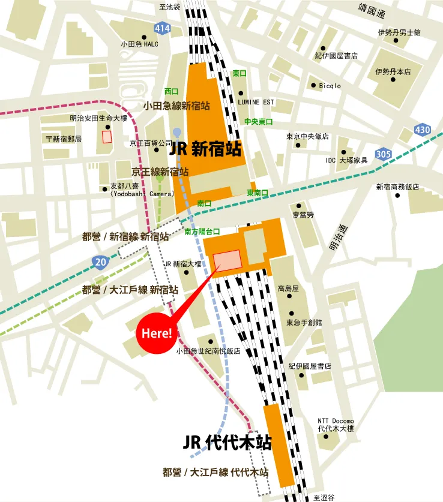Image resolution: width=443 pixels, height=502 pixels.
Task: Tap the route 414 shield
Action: pyautogui.click(x=162, y=28)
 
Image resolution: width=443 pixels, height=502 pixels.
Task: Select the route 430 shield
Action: pyautogui.click(x=423, y=130)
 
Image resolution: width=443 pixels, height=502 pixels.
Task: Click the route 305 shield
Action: pyautogui.click(x=383, y=154)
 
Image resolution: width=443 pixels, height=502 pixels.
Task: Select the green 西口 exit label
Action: pyautogui.click(x=172, y=91)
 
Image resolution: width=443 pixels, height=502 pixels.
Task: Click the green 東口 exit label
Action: pyautogui.click(x=240, y=73)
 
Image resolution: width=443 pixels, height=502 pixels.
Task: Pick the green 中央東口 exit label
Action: pyautogui.click(x=258, y=122)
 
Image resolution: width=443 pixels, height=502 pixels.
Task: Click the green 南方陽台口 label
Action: pyautogui.click(x=202, y=231)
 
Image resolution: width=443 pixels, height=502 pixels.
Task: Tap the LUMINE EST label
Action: pyautogui.click(x=255, y=103)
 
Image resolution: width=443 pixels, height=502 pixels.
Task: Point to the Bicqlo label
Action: pyautogui.click(x=330, y=86)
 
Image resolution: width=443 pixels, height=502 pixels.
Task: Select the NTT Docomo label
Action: pyautogui.click(x=336, y=421)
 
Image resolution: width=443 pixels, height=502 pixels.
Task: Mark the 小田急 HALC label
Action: pyautogui.click(x=139, y=44)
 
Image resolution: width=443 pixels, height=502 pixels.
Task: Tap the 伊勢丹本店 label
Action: pyautogui.click(x=393, y=71)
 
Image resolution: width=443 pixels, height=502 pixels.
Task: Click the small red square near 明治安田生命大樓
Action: pyautogui.click(x=107, y=136)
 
